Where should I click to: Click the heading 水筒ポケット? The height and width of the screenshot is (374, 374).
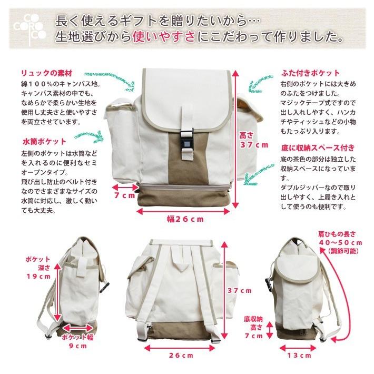pos(44,142)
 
